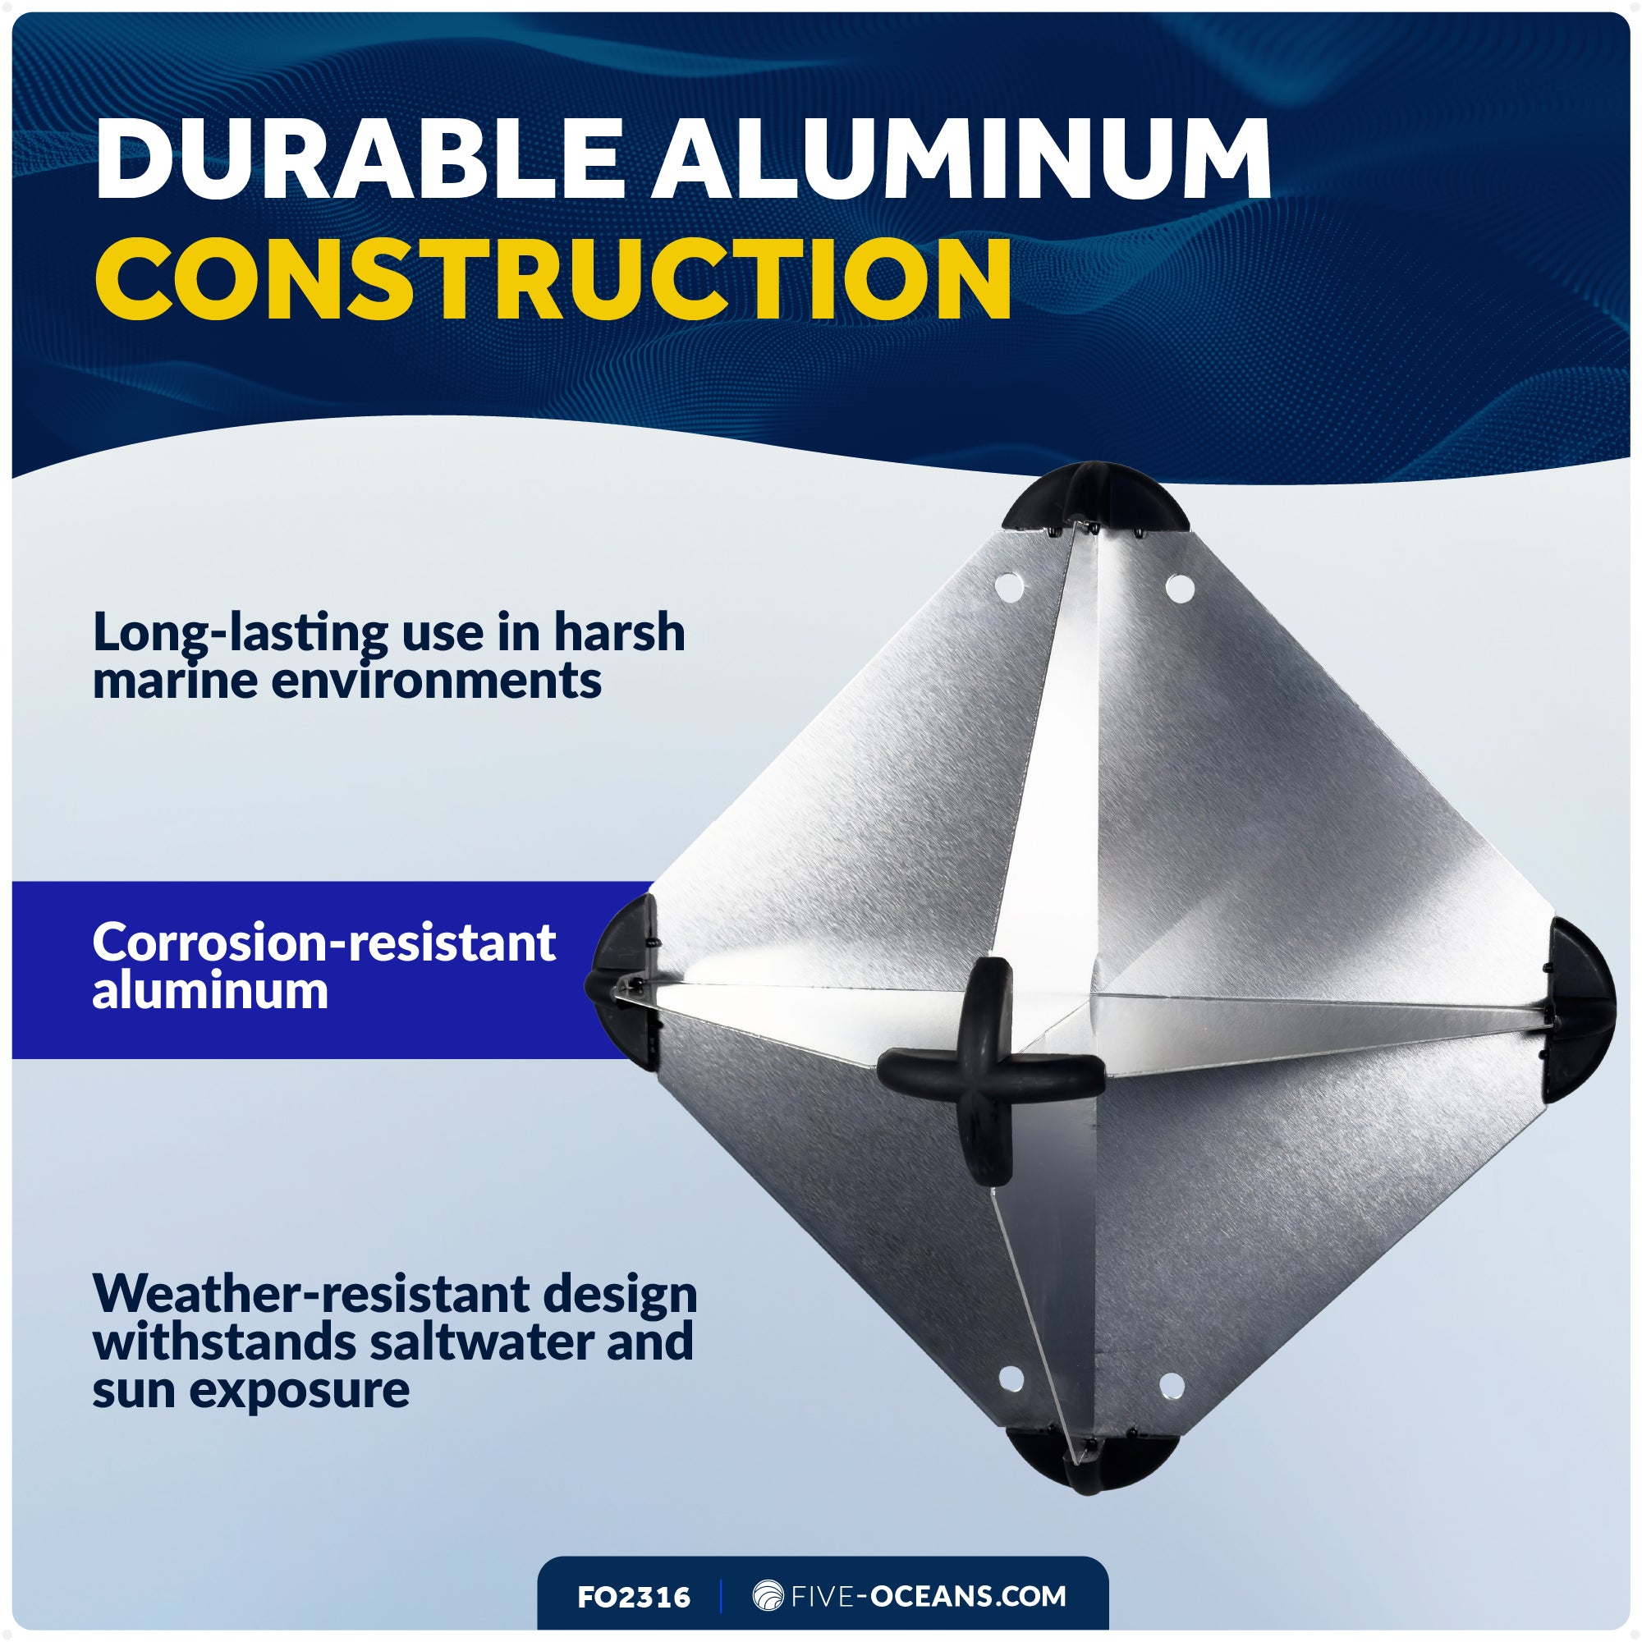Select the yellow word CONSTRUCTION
pos(553,278)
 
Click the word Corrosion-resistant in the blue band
pos(323,943)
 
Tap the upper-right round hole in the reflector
pos(1179,587)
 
